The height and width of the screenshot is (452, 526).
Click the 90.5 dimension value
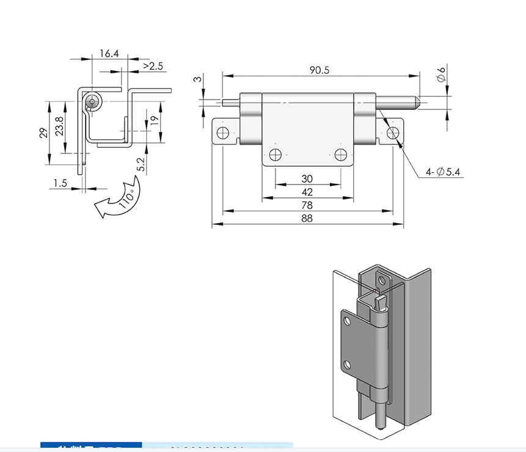coord(319,70)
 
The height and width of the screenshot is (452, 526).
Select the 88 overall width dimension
coord(307,219)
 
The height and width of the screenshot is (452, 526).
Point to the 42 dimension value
coord(307,192)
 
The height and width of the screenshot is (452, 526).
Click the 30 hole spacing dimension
coord(307,178)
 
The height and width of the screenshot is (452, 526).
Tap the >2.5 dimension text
coord(153,66)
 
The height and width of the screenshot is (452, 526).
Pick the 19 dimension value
coord(155,120)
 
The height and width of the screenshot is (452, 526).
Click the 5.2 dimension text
coord(141,164)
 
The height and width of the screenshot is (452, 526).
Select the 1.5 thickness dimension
coord(60,183)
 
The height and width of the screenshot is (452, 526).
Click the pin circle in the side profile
coord(93,101)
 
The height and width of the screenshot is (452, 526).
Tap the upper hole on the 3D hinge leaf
coord(382,280)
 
